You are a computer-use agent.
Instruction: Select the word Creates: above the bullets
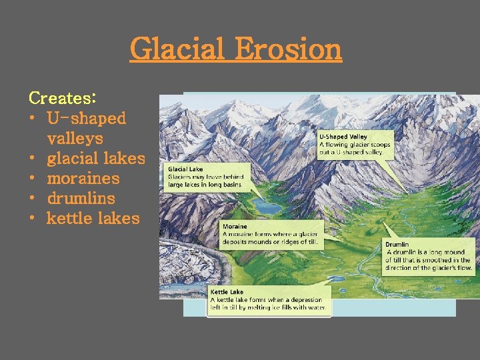63,98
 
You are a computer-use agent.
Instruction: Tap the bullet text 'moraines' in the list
83,179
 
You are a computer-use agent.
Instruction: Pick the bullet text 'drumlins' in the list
81,199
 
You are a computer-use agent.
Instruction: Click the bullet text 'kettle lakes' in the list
93,219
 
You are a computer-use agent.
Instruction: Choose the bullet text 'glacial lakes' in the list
96,159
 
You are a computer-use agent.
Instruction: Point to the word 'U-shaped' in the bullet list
86,119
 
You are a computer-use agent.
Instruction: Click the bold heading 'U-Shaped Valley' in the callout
343,137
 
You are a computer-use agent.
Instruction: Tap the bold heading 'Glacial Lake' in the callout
185,169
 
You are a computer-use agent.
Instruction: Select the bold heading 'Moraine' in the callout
235,227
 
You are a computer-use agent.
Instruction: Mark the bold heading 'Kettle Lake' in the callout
227,292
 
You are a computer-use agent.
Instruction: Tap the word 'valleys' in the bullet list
75,139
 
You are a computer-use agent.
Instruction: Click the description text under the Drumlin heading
428,260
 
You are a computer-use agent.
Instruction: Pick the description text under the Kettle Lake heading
268,304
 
